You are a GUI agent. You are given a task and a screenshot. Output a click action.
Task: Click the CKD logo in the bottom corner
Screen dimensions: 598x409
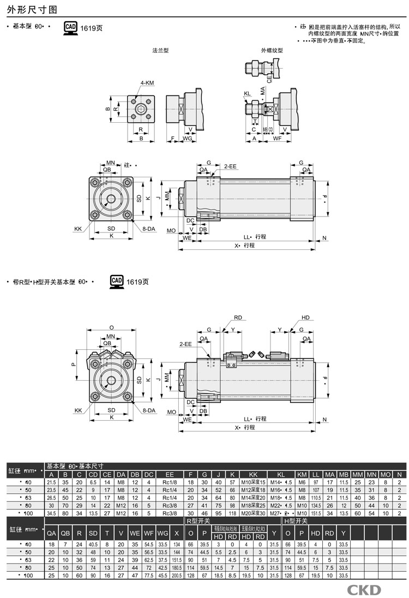click(x=364, y=590)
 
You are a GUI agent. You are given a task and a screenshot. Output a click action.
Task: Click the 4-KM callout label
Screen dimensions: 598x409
click(x=147, y=83)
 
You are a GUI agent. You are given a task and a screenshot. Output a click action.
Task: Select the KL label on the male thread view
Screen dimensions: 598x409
click(x=247, y=93)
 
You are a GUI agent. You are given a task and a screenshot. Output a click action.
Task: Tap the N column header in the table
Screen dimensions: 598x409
click(x=400, y=474)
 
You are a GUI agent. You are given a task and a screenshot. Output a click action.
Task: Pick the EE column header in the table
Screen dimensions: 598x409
click(x=170, y=474)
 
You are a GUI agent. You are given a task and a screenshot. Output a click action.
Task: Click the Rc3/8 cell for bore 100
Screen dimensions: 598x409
click(x=170, y=513)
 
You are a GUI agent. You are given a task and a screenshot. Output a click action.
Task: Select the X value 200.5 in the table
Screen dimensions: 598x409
click(x=176, y=576)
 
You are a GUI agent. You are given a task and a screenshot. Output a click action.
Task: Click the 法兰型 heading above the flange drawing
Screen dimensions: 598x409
click(x=160, y=50)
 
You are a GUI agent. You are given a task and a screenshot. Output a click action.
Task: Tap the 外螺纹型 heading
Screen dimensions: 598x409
click(x=272, y=50)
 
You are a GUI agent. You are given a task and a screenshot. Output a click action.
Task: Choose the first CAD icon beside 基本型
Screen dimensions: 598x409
click(x=70, y=27)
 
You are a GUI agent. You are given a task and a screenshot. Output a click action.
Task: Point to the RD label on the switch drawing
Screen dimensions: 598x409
click(x=238, y=317)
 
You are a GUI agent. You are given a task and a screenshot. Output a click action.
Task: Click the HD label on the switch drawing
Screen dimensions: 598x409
click(x=305, y=317)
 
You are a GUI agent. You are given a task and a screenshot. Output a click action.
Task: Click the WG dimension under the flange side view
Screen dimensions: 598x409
click(x=187, y=139)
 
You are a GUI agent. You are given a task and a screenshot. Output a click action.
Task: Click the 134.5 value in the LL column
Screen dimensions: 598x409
click(x=315, y=506)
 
